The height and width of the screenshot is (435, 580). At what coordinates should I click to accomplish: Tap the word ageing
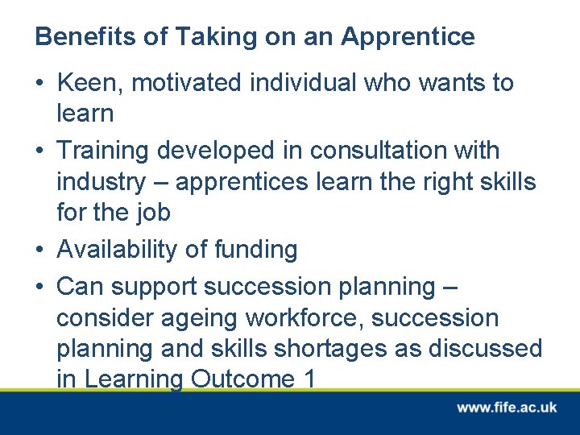201,318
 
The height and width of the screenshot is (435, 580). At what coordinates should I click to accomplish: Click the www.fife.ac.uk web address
507,408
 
